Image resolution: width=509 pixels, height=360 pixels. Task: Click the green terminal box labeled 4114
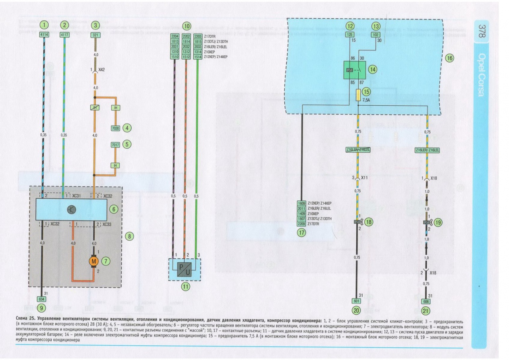(44, 35)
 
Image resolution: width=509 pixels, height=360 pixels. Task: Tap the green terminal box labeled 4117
(64, 35)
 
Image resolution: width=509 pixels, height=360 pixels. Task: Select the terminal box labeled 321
(95, 35)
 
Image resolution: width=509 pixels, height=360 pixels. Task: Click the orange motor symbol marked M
(94, 261)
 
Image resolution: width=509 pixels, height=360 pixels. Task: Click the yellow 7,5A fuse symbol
(358, 95)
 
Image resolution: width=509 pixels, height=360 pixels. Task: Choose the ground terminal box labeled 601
(356, 301)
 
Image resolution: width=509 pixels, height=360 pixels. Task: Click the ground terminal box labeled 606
(427, 301)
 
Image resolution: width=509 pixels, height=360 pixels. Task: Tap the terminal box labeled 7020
(115, 128)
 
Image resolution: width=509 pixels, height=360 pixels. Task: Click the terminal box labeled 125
(350, 35)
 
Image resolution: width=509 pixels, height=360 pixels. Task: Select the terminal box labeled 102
(375, 35)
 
